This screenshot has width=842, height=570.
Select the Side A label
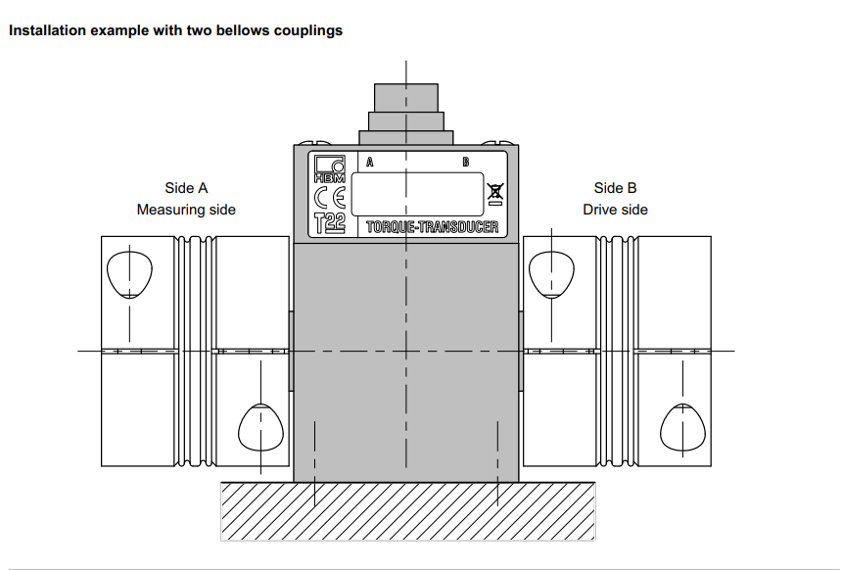(x=186, y=188)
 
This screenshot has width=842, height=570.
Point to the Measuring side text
(x=186, y=210)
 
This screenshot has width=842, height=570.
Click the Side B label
(x=615, y=188)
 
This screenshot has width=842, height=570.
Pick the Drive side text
(x=615, y=210)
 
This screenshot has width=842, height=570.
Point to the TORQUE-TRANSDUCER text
(x=432, y=227)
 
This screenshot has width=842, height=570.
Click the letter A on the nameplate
(x=369, y=163)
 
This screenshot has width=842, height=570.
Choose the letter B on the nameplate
(x=465, y=163)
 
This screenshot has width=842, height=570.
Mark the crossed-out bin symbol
(x=495, y=196)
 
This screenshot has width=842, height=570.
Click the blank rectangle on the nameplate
(x=417, y=194)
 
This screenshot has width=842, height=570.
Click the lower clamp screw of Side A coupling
(x=261, y=423)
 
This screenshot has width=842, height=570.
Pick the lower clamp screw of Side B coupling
(x=684, y=423)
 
